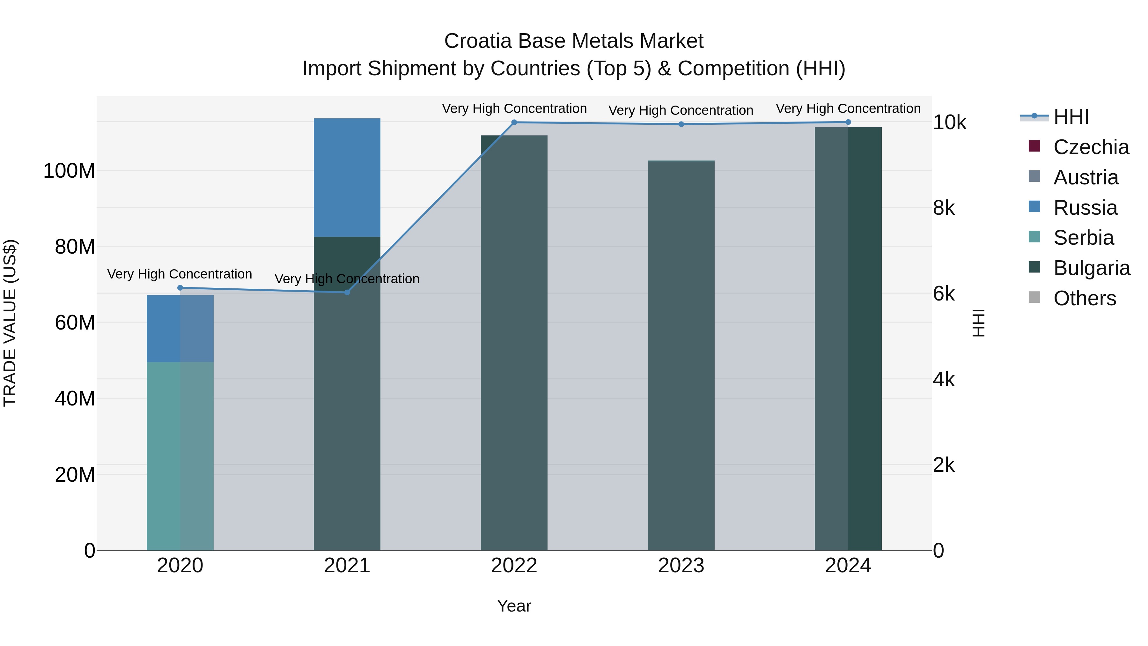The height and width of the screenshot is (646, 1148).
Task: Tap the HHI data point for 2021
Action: tap(347, 292)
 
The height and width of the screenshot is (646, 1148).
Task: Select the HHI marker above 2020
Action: tap(180, 287)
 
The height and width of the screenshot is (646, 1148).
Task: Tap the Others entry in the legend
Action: tap(1084, 298)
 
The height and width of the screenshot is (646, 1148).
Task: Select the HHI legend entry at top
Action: tap(1071, 117)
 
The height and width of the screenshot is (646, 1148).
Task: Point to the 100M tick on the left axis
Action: tap(69, 171)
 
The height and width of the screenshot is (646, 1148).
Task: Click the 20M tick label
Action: tap(74, 475)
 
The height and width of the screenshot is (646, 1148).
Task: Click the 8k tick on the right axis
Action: tap(944, 208)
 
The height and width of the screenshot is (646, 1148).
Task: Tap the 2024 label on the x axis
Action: tap(848, 566)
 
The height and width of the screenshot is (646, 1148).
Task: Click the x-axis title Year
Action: tap(514, 606)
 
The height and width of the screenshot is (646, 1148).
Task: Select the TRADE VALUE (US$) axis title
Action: tap(10, 323)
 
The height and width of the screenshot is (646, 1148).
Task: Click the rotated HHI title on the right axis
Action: tap(979, 323)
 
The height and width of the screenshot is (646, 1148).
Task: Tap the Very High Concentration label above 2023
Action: tap(681, 110)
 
